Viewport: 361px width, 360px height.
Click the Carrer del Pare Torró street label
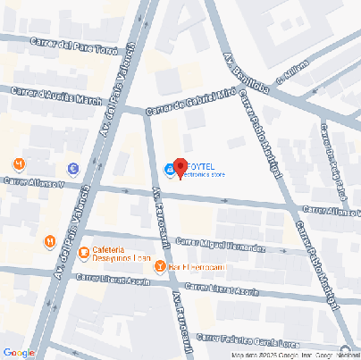click(73, 46)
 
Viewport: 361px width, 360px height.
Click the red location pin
click(179, 167)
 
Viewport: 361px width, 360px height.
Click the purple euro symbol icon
click(71, 167)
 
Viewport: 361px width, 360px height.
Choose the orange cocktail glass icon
click(159, 265)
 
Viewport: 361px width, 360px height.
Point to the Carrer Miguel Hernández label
click(219, 245)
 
